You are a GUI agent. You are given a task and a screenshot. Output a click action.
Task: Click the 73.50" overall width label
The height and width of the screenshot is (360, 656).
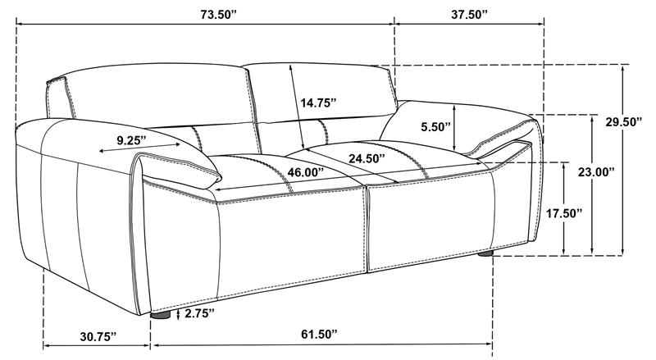point(218,14)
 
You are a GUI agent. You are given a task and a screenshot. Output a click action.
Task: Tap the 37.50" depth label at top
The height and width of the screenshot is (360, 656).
point(469,14)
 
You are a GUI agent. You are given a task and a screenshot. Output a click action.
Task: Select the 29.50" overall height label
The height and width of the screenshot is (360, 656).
point(624,122)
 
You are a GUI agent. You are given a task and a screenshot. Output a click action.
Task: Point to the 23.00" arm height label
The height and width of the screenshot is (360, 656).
point(596,171)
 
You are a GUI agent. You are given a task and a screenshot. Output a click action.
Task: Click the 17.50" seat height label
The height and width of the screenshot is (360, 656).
point(564,213)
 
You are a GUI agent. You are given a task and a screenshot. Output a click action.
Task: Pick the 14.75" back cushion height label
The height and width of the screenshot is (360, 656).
point(318,103)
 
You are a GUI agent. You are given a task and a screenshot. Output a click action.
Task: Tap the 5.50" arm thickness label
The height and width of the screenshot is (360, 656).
point(435,127)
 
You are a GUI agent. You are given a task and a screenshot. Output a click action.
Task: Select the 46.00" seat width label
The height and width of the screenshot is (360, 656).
point(305,172)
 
